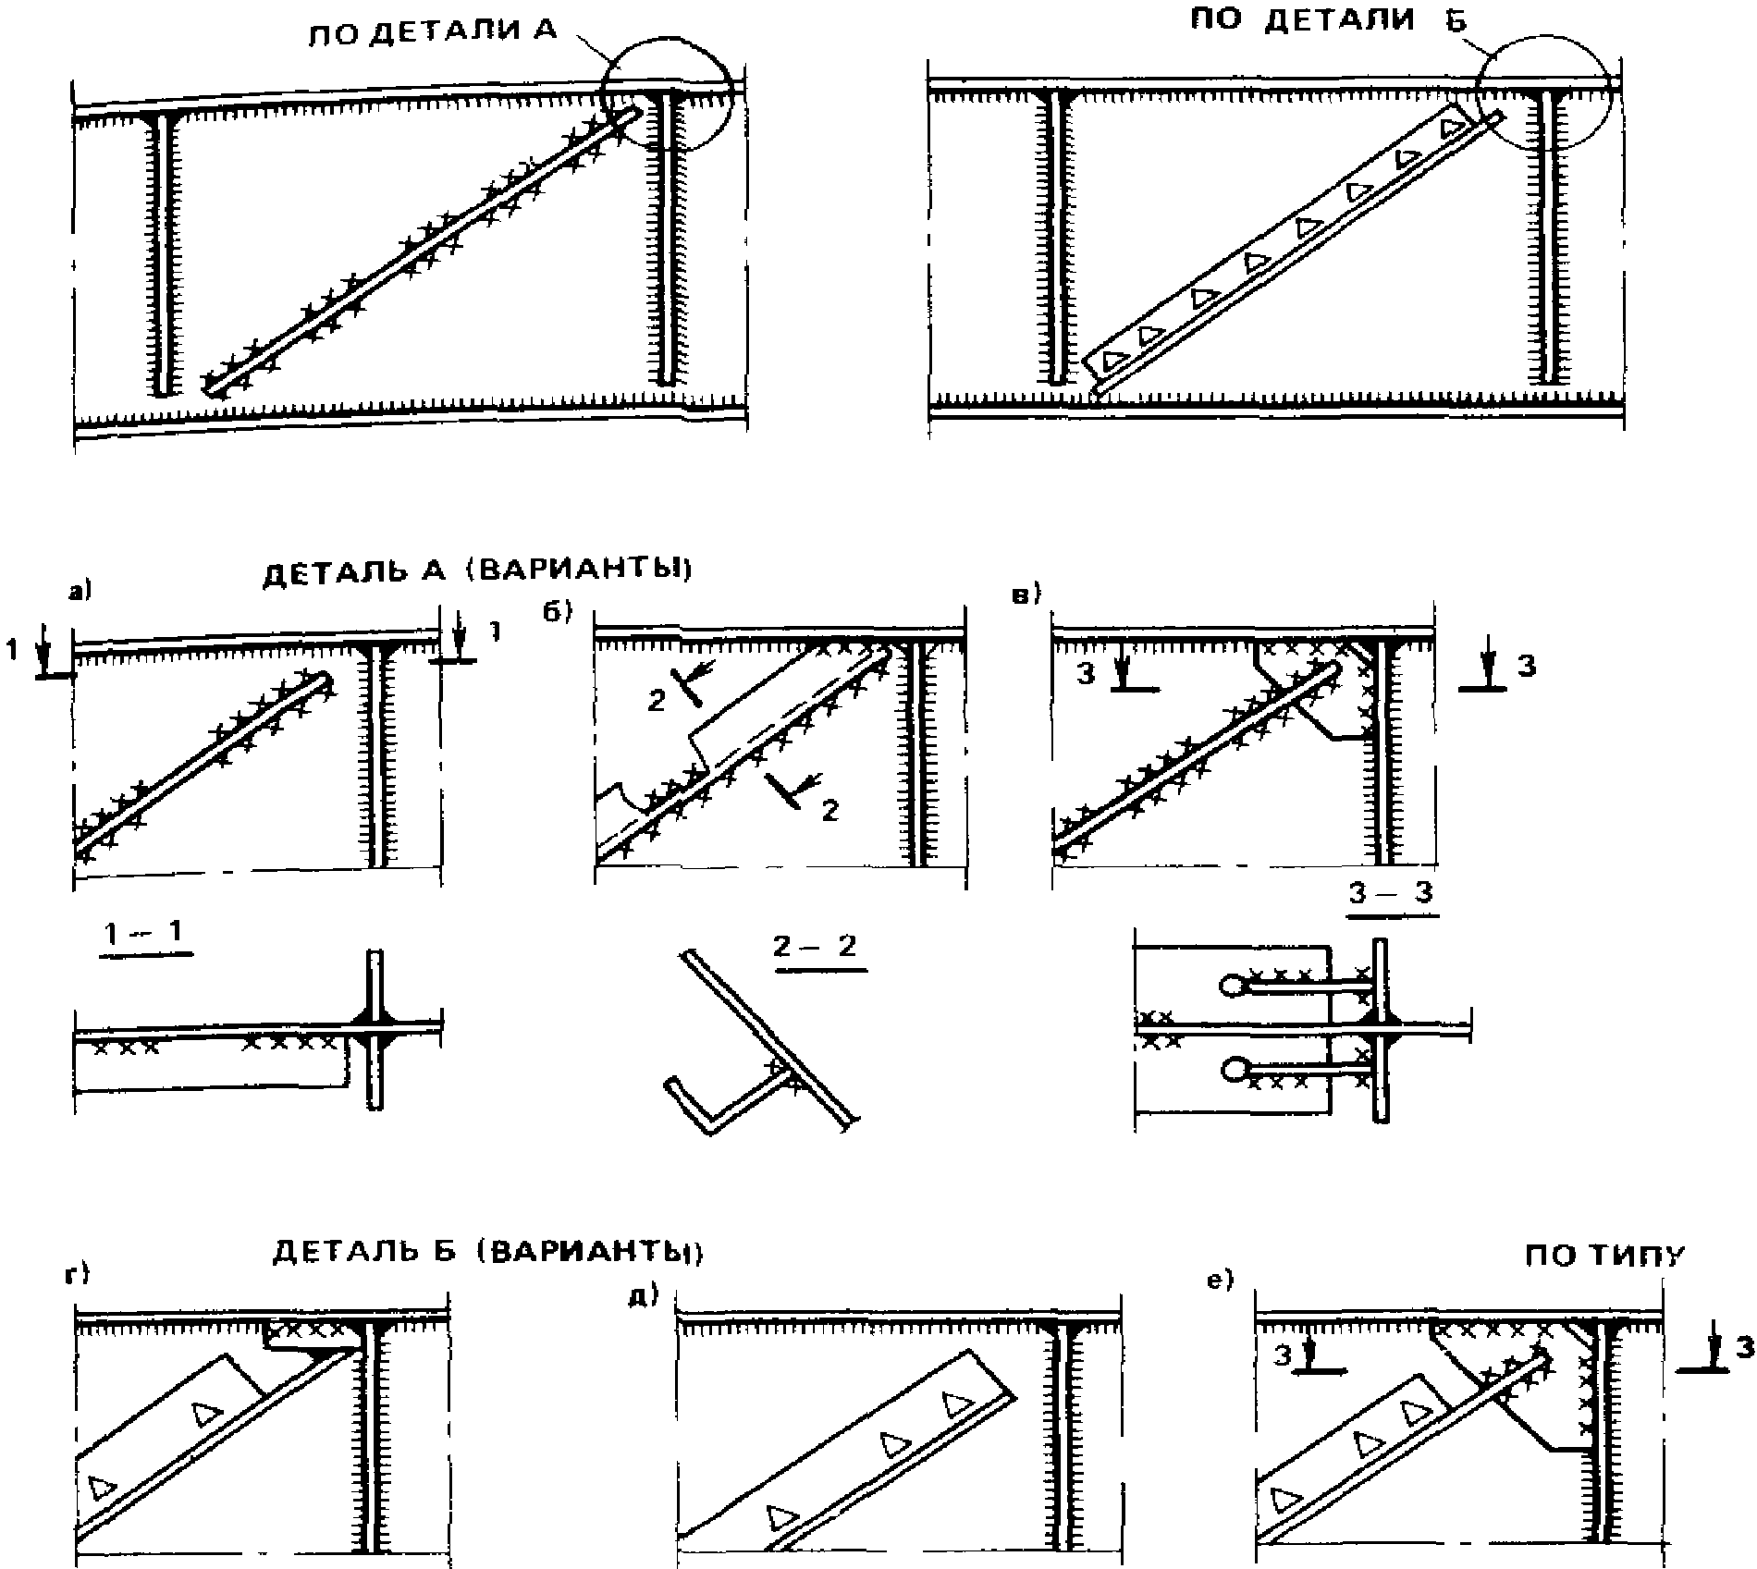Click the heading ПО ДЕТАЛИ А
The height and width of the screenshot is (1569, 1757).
[433, 32]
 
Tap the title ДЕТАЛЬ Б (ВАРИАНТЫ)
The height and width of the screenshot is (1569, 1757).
[488, 1252]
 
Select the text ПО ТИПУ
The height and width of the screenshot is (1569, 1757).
[1605, 1256]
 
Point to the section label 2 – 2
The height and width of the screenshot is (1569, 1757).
[820, 948]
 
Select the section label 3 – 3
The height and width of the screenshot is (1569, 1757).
[1392, 894]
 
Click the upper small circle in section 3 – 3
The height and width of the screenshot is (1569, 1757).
[1234, 987]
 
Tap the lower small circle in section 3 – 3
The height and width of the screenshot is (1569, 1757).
[1234, 1072]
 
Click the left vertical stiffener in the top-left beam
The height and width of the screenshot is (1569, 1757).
[161, 250]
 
